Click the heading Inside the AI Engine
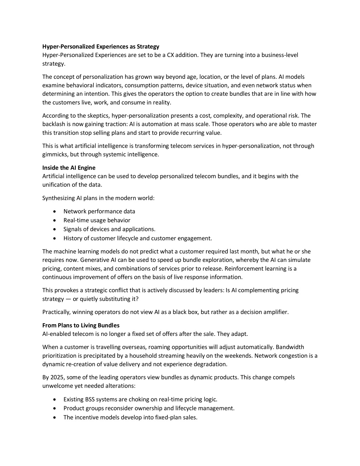pos(69,168)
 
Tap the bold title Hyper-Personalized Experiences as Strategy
pos(101,46)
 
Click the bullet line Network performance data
pos(99,211)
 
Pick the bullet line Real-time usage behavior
pos(97,221)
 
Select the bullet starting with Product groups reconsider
pos(149,408)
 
